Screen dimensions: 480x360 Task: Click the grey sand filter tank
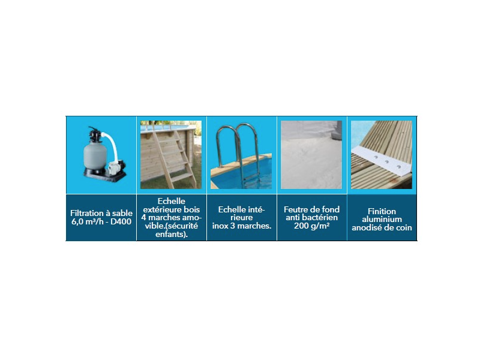click(95, 157)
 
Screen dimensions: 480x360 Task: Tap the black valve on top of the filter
click(95, 134)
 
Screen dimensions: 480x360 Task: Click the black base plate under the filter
click(104, 176)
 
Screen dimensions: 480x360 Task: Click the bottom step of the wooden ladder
click(182, 177)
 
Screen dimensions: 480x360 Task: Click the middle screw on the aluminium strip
click(386, 161)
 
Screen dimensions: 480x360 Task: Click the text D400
click(121, 221)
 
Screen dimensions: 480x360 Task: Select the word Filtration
click(87, 213)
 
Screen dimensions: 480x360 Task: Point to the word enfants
click(170, 235)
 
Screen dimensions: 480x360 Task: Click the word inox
click(220, 226)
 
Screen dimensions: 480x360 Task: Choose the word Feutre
click(295, 209)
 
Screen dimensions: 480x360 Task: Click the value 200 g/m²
click(311, 226)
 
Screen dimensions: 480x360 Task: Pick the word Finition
click(382, 211)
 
